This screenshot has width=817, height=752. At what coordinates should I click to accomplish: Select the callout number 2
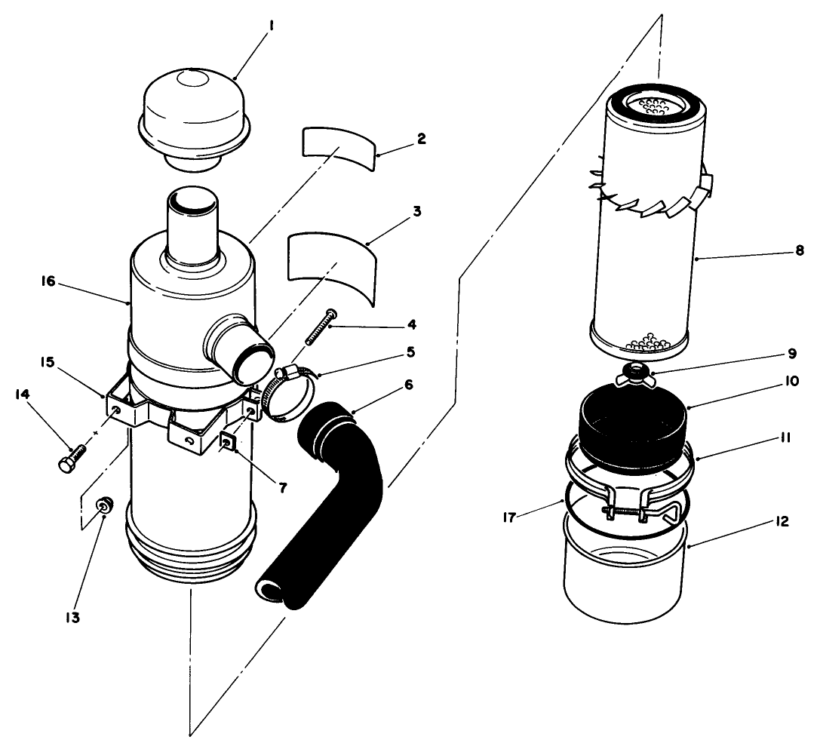[421, 139]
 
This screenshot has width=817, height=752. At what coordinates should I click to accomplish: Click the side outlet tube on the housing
[236, 345]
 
